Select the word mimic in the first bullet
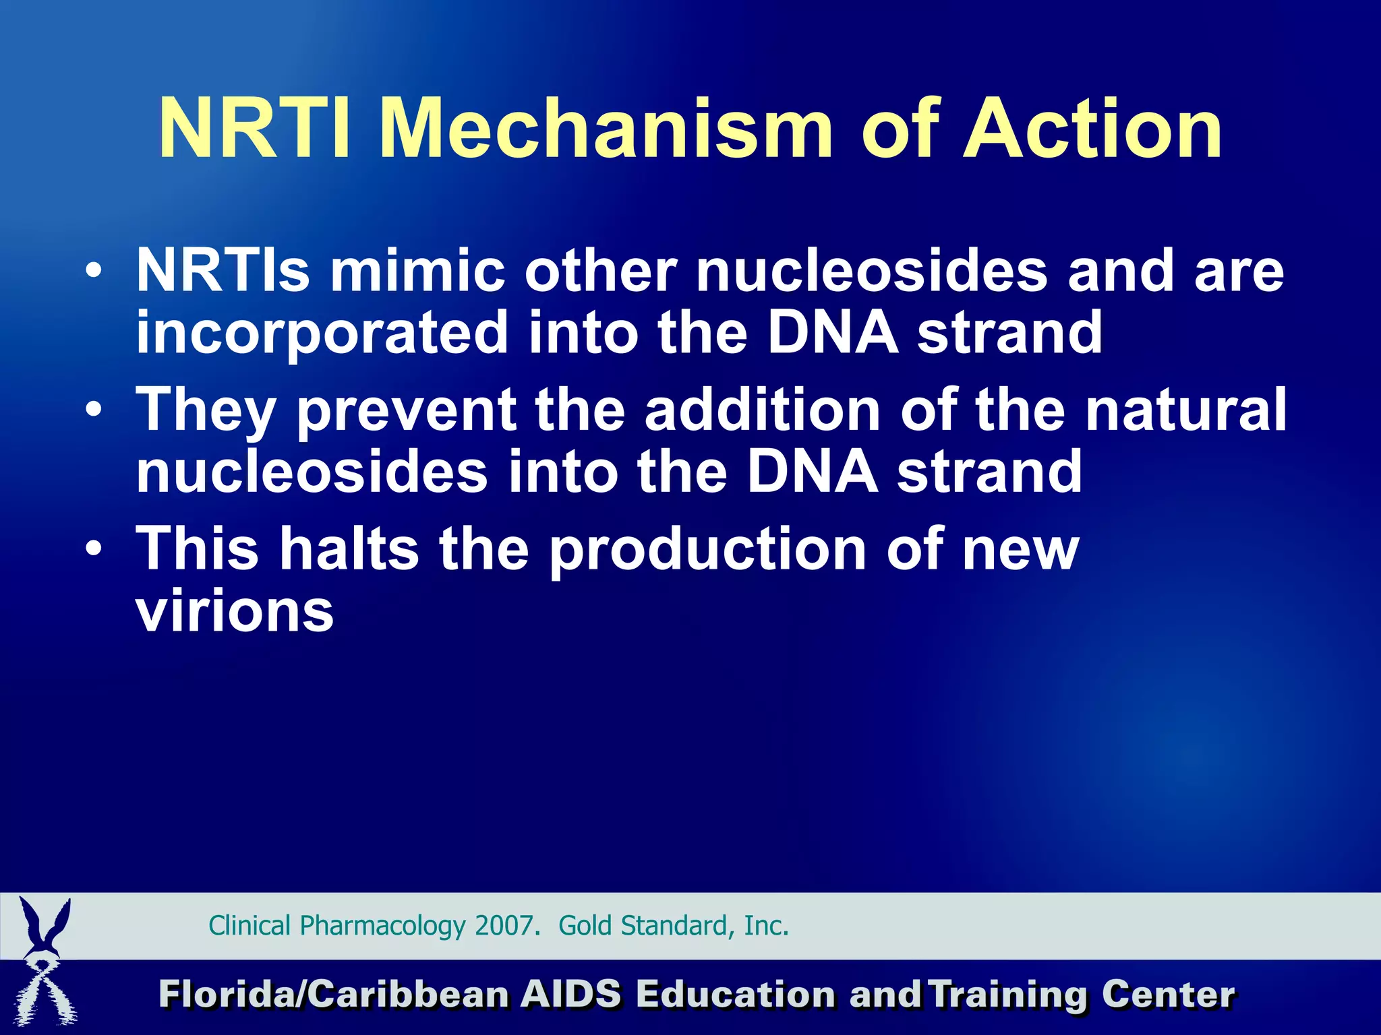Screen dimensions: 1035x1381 pyautogui.click(x=417, y=271)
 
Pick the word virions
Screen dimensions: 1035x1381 pyautogui.click(x=235, y=612)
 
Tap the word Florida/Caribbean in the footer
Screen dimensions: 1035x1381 pyautogui.click(x=334, y=995)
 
